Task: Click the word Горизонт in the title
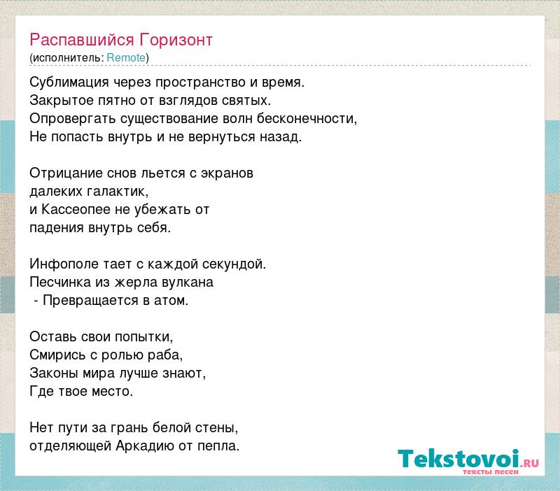click(176, 41)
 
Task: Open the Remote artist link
click(126, 58)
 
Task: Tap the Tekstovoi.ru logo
click(468, 461)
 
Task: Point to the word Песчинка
click(60, 283)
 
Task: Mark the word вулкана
click(187, 283)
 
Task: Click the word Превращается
click(91, 301)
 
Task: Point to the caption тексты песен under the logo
click(491, 472)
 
